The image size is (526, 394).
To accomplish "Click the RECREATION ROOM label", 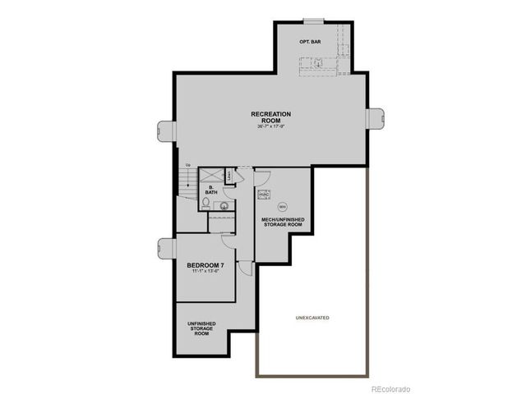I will (271, 116).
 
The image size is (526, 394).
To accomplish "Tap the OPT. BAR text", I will (310, 40).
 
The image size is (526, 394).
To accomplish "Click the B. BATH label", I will (211, 190).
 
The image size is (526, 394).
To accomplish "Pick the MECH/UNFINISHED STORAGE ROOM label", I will (284, 222).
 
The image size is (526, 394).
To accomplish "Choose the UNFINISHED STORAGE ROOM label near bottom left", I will (202, 328).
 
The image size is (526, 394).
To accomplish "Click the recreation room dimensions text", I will (271, 127).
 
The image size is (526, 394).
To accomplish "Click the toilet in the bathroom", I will (205, 202).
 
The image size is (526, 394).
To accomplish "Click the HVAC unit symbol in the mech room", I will (265, 195).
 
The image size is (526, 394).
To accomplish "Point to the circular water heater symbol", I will (283, 206).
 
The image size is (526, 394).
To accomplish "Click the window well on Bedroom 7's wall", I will (167, 247).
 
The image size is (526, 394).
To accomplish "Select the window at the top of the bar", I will (313, 21).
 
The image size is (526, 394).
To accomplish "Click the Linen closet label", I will (229, 175).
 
